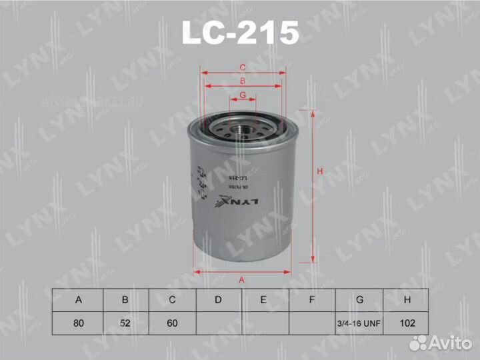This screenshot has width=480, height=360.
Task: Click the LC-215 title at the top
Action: coord(240,32)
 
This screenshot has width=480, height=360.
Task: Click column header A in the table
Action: coord(79,300)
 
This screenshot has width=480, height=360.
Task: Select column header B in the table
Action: coord(125,300)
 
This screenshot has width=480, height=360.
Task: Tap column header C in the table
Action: coord(172,300)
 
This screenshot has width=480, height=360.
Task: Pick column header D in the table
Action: coord(218,300)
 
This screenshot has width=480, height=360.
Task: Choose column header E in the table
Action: coord(265,300)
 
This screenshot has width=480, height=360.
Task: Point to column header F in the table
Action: coord(311,300)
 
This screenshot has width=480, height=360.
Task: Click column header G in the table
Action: coord(359,300)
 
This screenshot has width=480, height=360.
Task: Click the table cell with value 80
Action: coord(79,323)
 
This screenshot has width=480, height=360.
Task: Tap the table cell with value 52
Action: coord(125,323)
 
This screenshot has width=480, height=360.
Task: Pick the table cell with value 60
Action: coord(172,323)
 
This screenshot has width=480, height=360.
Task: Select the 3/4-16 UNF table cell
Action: coord(359,323)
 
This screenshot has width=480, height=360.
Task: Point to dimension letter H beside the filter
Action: coord(320,172)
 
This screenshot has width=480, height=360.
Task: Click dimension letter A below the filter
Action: coord(241,280)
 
